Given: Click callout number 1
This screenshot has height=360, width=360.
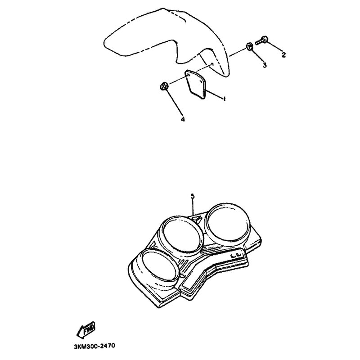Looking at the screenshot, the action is coord(225,99).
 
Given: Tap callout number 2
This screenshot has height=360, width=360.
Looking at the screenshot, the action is coord(284,54).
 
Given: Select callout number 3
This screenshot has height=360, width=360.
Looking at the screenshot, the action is coord(265,65).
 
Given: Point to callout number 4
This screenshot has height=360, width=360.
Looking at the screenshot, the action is coord(183,119).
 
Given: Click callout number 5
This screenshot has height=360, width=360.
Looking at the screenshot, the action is coord(193,196).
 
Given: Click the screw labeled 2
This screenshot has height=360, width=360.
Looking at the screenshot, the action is coord(262,41).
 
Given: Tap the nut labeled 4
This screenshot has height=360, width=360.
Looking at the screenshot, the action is coord(164,86).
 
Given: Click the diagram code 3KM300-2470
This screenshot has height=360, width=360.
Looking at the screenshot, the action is coord(94,346).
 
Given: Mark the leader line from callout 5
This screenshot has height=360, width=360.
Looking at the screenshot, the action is coord(193,207).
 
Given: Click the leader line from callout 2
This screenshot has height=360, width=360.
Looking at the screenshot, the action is coord(274,47).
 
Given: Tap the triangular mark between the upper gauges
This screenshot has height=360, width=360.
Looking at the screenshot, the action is coord(197,219).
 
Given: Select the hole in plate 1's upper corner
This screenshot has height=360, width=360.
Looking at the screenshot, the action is coord(188,75).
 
